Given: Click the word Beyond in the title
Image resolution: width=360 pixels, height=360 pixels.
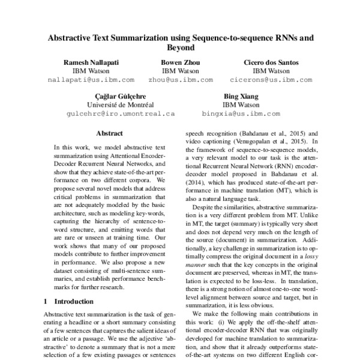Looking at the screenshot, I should click(181, 47).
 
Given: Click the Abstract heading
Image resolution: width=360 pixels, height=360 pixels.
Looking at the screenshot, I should click(109, 133).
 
